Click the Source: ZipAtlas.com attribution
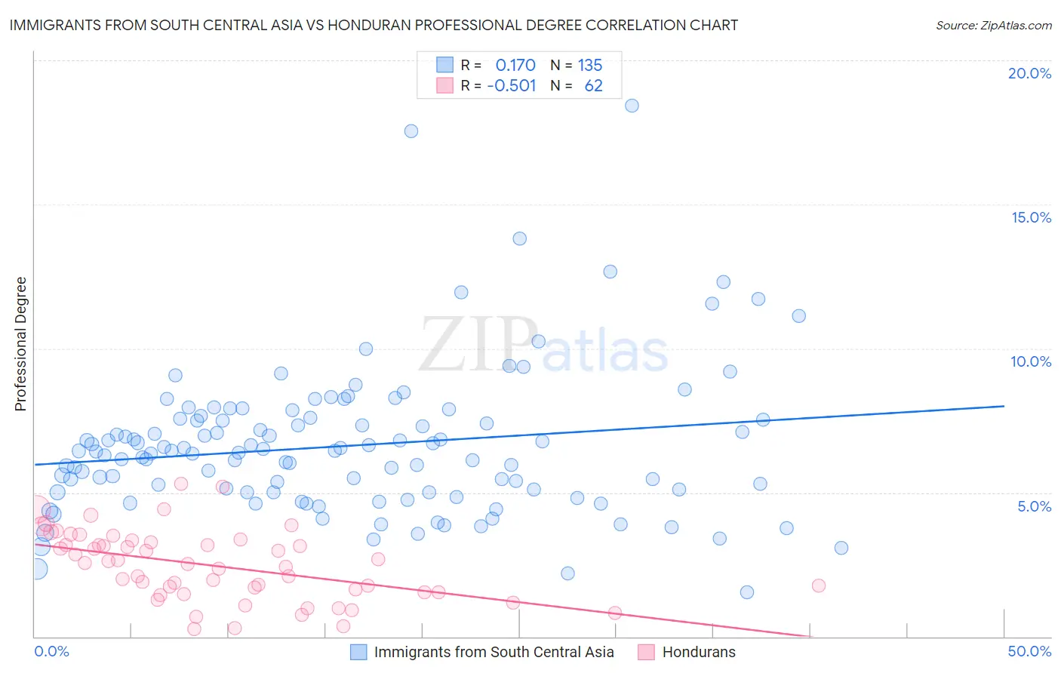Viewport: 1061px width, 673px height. pyautogui.click(x=993, y=25)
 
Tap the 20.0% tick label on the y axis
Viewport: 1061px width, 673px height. pyautogui.click(x=1029, y=73)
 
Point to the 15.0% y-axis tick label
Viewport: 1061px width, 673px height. pyautogui.click(x=1031, y=217)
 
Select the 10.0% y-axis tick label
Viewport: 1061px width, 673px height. pyautogui.click(x=1031, y=361)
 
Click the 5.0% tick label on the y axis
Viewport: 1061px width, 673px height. pyautogui.click(x=1034, y=506)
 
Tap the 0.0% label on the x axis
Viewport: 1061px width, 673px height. pyautogui.click(x=51, y=651)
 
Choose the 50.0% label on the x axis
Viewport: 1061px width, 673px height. pyautogui.click(x=1029, y=651)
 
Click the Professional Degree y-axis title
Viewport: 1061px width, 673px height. pyautogui.click(x=20, y=344)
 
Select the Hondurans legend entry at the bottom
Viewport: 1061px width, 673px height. pyautogui.click(x=698, y=652)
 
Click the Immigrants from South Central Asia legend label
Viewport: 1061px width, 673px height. pyautogui.click(x=494, y=652)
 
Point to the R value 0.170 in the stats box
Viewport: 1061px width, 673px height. pyautogui.click(x=515, y=66)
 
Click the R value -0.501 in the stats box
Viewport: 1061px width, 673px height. pyautogui.click(x=512, y=86)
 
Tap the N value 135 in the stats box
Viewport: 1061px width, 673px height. pyautogui.click(x=590, y=66)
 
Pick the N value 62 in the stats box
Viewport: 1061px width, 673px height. pyautogui.click(x=593, y=86)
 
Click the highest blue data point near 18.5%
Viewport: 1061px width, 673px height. pyautogui.click(x=632, y=106)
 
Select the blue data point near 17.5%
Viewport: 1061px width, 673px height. pyautogui.click(x=411, y=131)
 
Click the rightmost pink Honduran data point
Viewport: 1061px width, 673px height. pyautogui.click(x=818, y=585)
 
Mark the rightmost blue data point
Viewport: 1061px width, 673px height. pyautogui.click(x=841, y=548)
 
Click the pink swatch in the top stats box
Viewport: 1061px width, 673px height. pyautogui.click(x=445, y=86)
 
